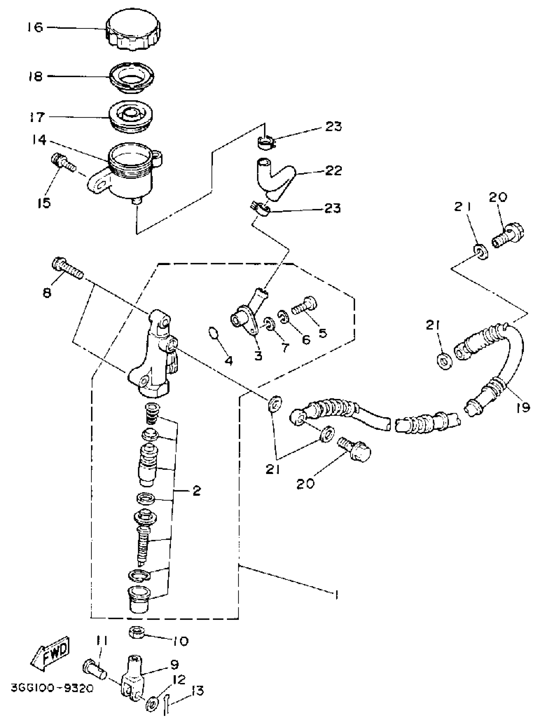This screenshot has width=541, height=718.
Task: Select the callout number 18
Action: click(35, 76)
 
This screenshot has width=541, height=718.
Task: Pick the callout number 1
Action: click(336, 595)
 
